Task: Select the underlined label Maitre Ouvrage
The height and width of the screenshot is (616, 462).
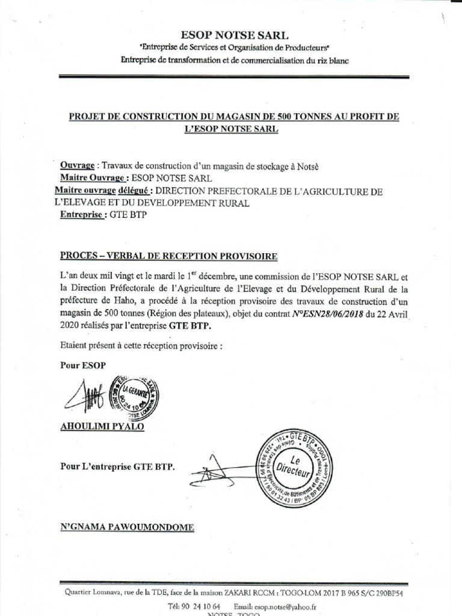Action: point(93,178)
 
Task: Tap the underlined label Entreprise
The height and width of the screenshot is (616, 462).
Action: point(84,215)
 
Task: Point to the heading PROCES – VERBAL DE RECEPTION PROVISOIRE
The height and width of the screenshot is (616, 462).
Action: point(169,256)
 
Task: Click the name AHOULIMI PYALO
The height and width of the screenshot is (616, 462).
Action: point(102,427)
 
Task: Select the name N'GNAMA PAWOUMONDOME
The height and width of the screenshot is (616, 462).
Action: point(127,527)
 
